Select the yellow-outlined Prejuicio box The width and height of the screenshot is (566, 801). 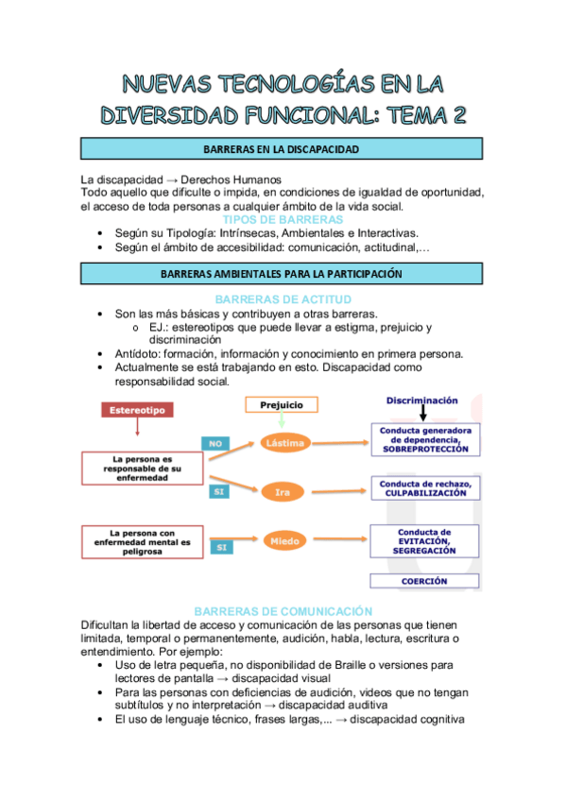[281, 404]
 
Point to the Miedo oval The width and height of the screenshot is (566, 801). [284, 542]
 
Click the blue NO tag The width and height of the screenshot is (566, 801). [215, 441]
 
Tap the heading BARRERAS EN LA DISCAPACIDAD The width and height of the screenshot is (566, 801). [283, 149]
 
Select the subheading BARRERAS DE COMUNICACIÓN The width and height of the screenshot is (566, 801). [282, 611]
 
